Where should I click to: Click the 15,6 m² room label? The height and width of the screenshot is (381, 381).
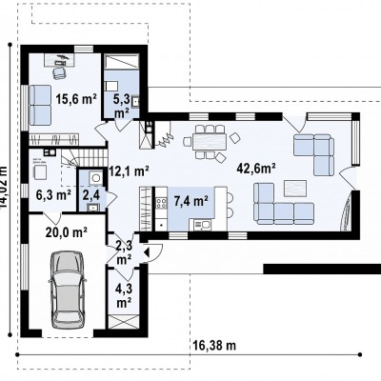[76, 99]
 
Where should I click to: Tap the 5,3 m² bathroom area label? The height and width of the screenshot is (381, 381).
[122, 107]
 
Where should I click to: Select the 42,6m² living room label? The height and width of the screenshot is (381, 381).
[256, 169]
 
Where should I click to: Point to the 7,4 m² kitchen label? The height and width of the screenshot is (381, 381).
[191, 201]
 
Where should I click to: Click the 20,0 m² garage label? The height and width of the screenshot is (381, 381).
[67, 232]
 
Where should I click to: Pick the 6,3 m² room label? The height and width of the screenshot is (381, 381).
[53, 195]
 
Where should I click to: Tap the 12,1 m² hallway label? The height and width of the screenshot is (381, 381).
[129, 171]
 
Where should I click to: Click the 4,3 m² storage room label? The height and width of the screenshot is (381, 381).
[124, 296]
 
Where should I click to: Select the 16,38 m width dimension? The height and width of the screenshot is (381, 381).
[214, 345]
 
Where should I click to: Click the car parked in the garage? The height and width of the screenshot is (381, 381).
[68, 290]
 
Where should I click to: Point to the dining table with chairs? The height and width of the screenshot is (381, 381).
[210, 142]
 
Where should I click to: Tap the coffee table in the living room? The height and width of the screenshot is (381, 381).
[295, 189]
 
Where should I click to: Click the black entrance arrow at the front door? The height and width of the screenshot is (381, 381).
[147, 252]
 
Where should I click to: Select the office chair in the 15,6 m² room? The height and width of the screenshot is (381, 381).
[59, 72]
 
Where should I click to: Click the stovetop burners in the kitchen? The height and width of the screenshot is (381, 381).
[161, 203]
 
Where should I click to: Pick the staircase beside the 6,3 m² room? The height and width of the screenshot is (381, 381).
[83, 158]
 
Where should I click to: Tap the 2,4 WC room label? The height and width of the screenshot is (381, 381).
[91, 195]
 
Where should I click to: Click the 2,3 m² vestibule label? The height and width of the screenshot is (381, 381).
[124, 252]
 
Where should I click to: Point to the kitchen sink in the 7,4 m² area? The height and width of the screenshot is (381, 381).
[202, 225]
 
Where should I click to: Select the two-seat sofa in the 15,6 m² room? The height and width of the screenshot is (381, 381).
[40, 105]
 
